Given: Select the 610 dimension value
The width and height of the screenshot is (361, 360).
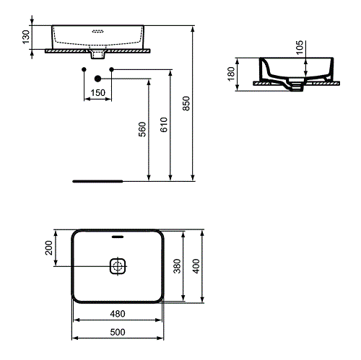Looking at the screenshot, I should tap(164, 126).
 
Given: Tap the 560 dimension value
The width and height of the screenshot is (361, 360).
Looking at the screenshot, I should tap(142, 129).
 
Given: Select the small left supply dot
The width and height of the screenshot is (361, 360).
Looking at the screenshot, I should tap(84, 69).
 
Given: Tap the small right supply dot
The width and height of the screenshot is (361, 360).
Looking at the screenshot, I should tap(112, 69).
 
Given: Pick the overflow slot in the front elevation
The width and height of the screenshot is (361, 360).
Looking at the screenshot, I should tap(98, 31).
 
